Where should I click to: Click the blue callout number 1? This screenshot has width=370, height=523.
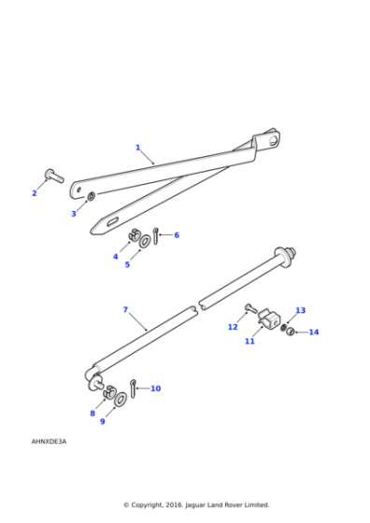pyautogui.click(x=137, y=148)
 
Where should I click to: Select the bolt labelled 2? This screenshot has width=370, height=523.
pyautogui.click(x=54, y=176)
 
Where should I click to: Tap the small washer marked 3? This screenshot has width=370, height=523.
pyautogui.click(x=91, y=197)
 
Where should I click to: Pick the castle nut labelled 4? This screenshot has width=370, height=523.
pyautogui.click(x=135, y=234)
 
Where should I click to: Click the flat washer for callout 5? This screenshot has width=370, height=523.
pyautogui.click(x=145, y=241)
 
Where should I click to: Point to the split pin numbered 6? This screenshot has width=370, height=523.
pyautogui.click(x=155, y=235)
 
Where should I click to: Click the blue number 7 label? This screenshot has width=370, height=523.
pyautogui.click(x=125, y=310)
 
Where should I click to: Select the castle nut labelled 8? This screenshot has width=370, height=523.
pyautogui.click(x=109, y=392)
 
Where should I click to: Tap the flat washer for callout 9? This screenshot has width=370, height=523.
pyautogui.click(x=121, y=400)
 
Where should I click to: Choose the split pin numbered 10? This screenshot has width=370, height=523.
pyautogui.click(x=133, y=389)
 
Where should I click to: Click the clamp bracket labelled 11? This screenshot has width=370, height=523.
pyautogui.click(x=269, y=318)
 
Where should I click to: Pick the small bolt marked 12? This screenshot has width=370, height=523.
pyautogui.click(x=251, y=308)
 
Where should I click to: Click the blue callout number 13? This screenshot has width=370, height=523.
pyautogui.click(x=300, y=310)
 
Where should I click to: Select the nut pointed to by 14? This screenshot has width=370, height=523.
pyautogui.click(x=291, y=332)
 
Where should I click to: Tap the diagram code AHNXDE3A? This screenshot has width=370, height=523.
pyautogui.click(x=49, y=441)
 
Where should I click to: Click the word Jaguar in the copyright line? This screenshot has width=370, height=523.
pyautogui.click(x=195, y=505)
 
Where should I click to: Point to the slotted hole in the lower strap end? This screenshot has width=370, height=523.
pyautogui.click(x=112, y=221)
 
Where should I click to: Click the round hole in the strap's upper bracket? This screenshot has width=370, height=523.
pyautogui.click(x=274, y=140)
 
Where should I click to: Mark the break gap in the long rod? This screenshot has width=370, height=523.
pyautogui.click(x=197, y=308)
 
